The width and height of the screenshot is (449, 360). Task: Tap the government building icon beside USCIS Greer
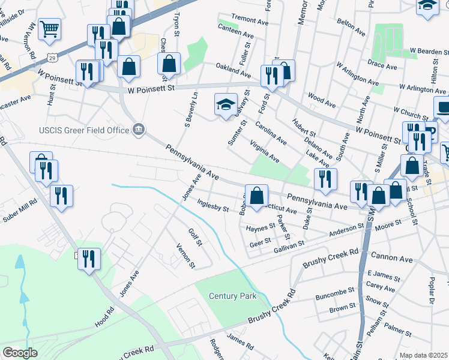(x=139, y=130)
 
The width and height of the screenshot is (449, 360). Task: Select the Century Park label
(x=232, y=296)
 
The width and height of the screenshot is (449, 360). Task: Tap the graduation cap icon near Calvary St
(x=224, y=104)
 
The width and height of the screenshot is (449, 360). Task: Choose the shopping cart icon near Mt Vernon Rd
(x=49, y=28)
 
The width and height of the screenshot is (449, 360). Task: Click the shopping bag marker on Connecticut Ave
(x=256, y=196)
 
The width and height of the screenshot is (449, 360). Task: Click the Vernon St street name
(x=185, y=256)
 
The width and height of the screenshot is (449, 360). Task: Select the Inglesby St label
(x=213, y=206)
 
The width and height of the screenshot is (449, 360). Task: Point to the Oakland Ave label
(x=233, y=70)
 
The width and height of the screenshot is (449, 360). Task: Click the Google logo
(x=20, y=352)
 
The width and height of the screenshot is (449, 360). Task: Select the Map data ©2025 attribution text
(x=423, y=355)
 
